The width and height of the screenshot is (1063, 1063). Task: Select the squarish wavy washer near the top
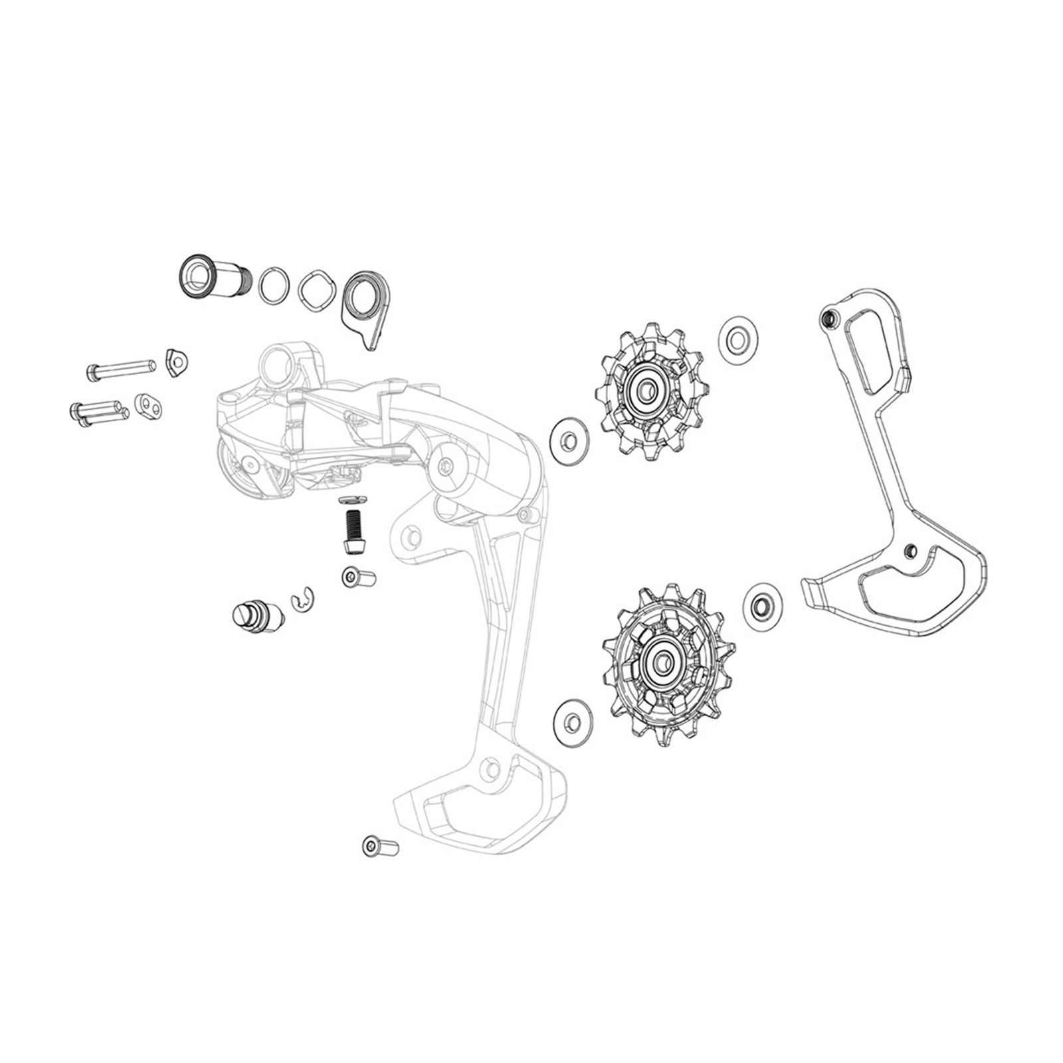(315, 290)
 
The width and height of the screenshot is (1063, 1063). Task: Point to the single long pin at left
(121, 369)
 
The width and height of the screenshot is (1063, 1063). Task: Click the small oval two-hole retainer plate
(148, 407)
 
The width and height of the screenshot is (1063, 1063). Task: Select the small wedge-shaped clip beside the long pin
(177, 362)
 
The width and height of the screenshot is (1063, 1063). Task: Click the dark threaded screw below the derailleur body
(353, 528)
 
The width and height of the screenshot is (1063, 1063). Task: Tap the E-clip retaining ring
(303, 600)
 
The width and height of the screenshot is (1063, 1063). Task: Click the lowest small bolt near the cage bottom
(380, 847)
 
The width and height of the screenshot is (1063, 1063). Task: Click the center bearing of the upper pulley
(644, 392)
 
